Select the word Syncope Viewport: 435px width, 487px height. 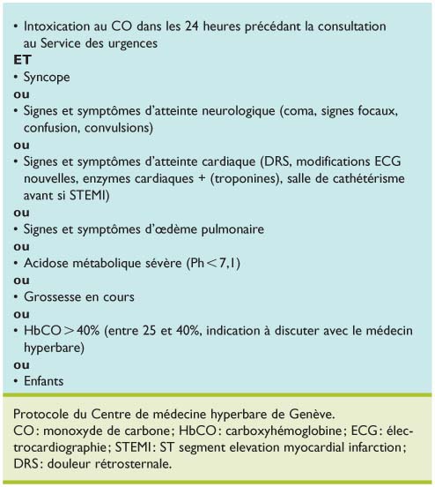(x=49, y=77)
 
